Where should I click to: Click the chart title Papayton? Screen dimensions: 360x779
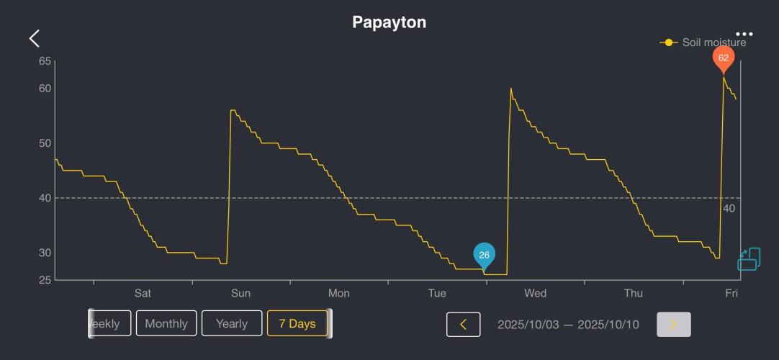pos(389,22)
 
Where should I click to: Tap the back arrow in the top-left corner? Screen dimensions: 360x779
pos(34,39)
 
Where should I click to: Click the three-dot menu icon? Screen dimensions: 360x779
pos(744,34)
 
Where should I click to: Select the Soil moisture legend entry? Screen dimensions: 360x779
pos(703,42)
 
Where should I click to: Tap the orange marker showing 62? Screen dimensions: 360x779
pos(724,58)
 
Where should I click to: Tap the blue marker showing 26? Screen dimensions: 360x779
pos(484,256)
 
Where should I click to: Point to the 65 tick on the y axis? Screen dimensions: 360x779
pos(45,61)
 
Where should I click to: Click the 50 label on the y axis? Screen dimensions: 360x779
pos(45,143)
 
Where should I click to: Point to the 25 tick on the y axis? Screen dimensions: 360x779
pos(45,280)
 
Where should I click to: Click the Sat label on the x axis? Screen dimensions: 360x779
pos(143,293)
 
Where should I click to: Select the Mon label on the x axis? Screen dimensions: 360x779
pos(338,293)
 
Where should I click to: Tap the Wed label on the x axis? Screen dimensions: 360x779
pos(535,293)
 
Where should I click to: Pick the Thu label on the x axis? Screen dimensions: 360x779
pos(633,293)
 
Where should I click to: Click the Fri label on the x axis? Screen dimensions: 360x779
pos(731,293)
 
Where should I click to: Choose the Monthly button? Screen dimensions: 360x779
pos(166,324)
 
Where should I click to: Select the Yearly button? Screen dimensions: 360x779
pos(232,324)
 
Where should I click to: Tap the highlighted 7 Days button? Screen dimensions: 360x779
pos(297,324)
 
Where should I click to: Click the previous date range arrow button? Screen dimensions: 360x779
pos(463,325)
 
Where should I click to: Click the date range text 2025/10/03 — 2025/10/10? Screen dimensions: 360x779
pos(568,325)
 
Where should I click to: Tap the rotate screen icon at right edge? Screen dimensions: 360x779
pos(749,259)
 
